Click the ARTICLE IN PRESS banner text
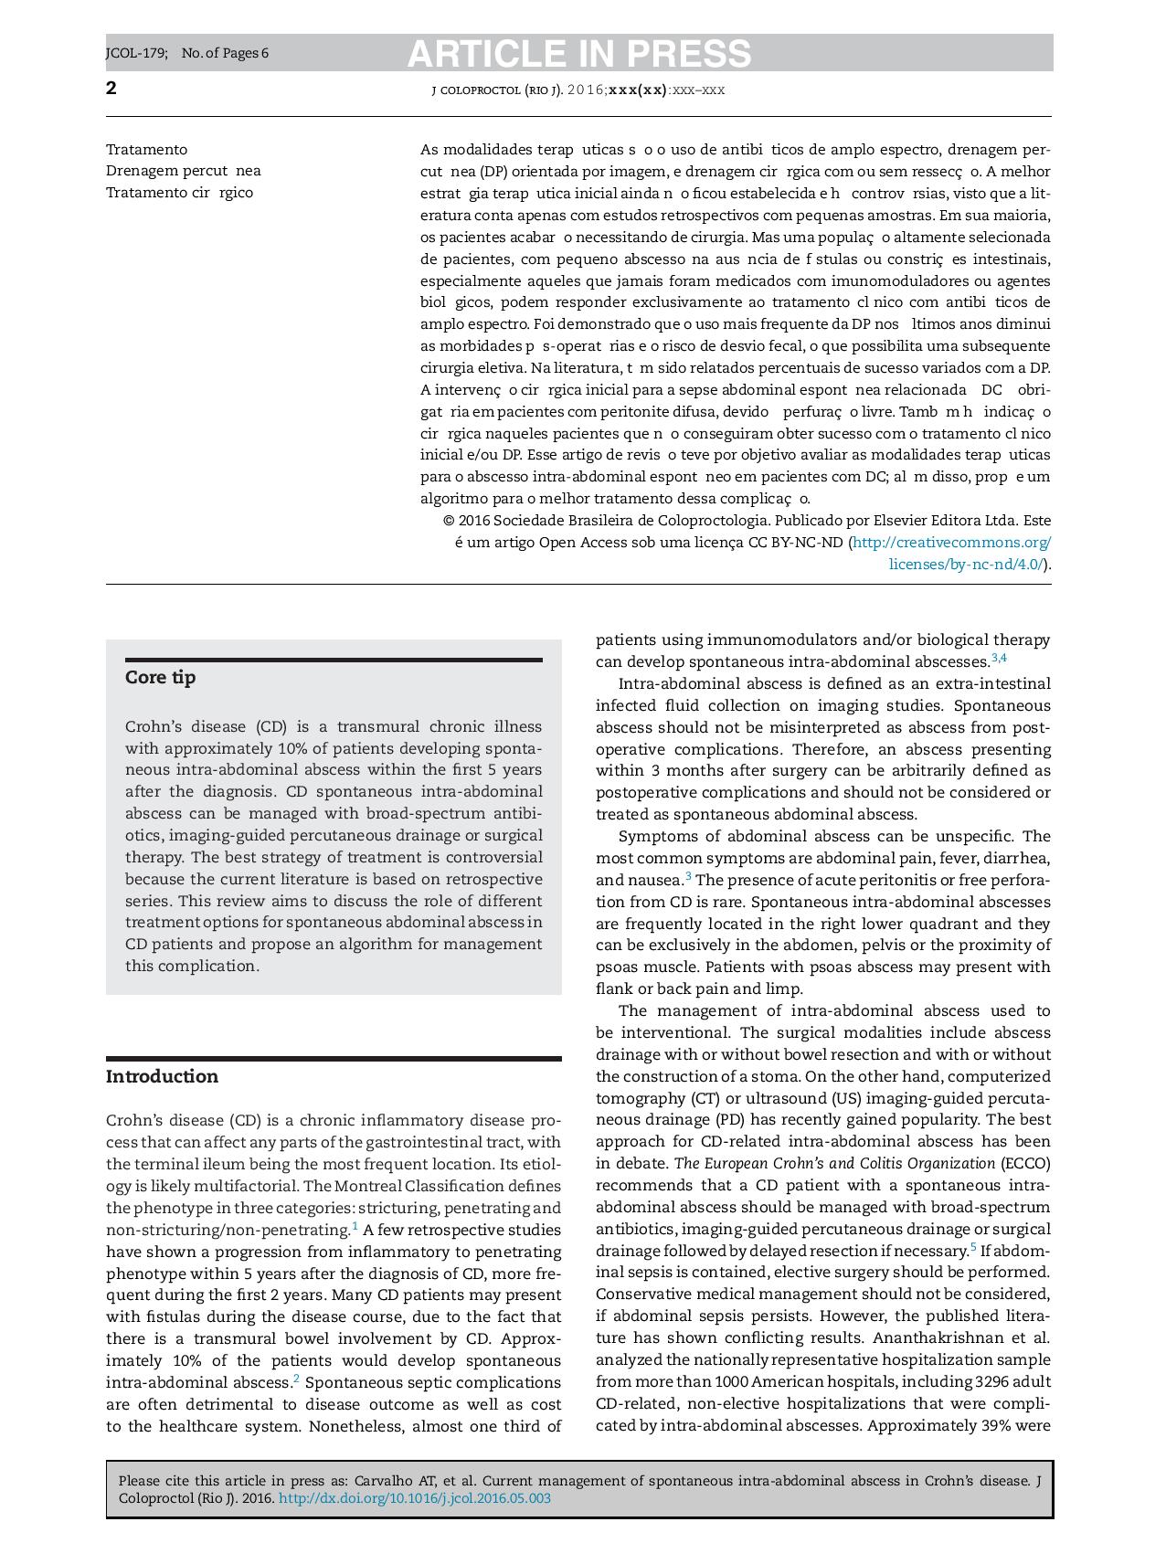click(x=578, y=54)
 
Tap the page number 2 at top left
click(x=111, y=89)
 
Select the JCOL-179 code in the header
click(x=136, y=53)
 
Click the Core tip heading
click(x=160, y=678)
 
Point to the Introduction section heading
click(x=162, y=1077)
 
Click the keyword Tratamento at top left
click(x=146, y=150)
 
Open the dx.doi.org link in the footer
click(x=414, y=1499)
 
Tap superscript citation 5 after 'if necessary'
click(x=973, y=1247)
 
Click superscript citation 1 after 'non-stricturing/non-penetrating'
click(x=355, y=1226)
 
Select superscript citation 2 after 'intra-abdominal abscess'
click(x=296, y=1379)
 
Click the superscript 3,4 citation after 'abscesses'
click(x=999, y=659)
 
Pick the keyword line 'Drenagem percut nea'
click(x=183, y=171)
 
